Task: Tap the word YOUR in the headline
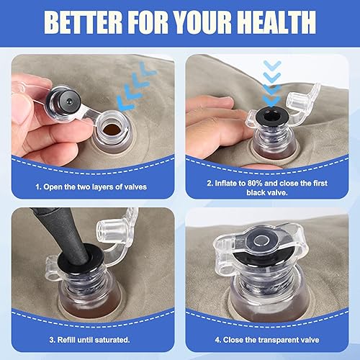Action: pos(203,22)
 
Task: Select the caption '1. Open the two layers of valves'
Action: pos(91,186)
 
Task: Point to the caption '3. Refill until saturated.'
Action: pos(89,340)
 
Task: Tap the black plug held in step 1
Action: pos(64,101)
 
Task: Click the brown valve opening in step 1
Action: pos(112,130)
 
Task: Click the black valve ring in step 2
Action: pos(271,117)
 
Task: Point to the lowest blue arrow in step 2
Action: pos(271,100)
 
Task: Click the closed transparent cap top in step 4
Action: pos(261,243)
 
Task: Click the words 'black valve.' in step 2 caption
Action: pos(266,193)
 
